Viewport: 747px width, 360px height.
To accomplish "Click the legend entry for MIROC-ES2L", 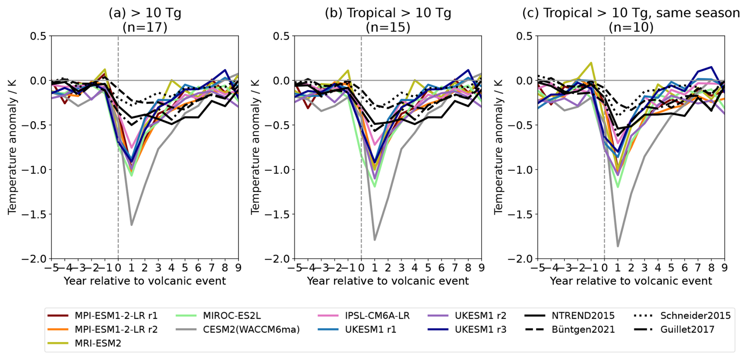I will tap(232, 316).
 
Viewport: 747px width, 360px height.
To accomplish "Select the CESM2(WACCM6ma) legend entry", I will tap(251, 329).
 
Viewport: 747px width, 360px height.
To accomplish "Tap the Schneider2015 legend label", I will tap(695, 316).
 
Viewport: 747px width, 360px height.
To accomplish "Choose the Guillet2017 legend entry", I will tap(687, 329).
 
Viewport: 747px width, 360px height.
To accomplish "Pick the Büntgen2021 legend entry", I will tap(583, 329).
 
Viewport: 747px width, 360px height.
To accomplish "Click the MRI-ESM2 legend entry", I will tap(98, 343).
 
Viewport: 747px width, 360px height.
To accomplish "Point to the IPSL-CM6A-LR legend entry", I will tap(377, 316).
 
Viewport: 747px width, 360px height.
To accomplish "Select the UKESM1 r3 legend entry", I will tap(480, 329).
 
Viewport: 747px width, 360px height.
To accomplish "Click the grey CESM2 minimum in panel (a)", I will tap(131, 225).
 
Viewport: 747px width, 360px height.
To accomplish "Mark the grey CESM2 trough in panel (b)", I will tap(375, 240).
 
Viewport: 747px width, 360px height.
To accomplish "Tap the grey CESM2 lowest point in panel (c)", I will tap(617, 246).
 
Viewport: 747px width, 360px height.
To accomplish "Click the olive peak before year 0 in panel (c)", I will tap(591, 62).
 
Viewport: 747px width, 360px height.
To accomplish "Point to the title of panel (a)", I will tap(145, 13).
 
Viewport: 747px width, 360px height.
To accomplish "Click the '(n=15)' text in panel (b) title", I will tap(388, 27).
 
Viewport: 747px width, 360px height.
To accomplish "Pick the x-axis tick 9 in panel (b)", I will tap(481, 268).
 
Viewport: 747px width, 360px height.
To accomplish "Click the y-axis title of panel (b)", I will tap(255, 147).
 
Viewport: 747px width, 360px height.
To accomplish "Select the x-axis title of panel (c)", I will tap(631, 281).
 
